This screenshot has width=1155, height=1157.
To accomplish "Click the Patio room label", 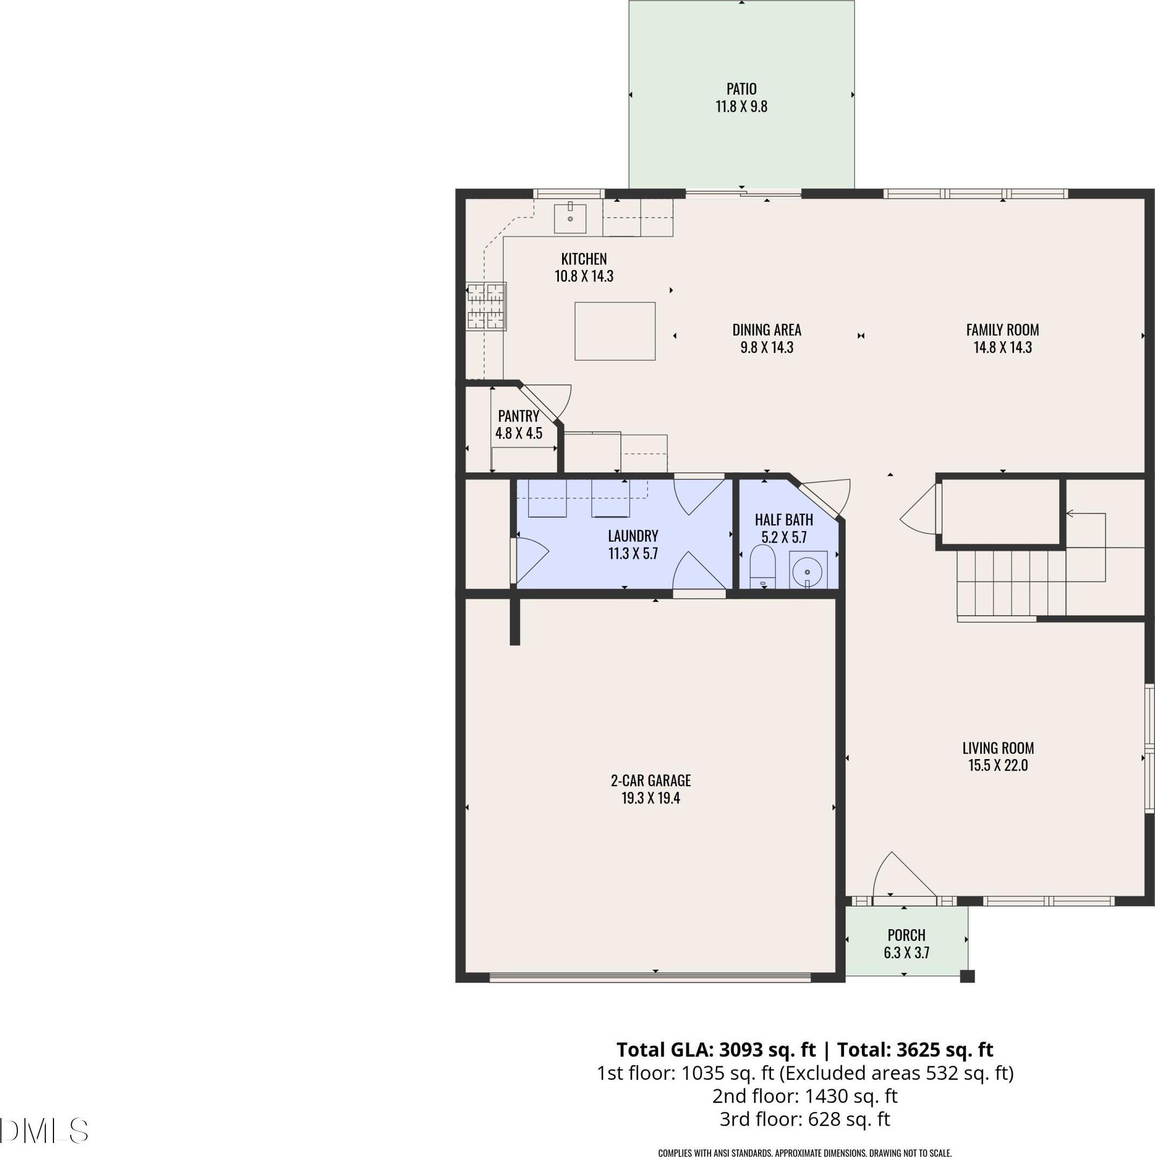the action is click(x=741, y=89).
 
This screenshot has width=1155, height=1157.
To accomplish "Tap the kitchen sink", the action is click(x=570, y=218).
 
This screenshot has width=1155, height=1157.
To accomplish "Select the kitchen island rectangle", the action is click(x=614, y=331).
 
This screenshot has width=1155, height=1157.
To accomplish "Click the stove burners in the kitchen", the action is click(x=486, y=306).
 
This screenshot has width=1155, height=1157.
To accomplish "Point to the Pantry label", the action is click(x=519, y=416).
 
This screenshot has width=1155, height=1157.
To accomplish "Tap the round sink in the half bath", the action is click(x=808, y=571).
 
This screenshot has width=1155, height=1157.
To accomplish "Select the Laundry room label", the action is click(x=633, y=536).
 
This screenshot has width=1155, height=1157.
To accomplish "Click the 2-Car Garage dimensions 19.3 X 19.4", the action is click(x=651, y=799).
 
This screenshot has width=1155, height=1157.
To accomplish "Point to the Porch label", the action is click(x=907, y=935).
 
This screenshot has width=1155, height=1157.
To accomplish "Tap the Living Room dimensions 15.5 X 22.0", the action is click(x=998, y=766).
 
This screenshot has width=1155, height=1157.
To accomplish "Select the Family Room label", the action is click(x=1002, y=330).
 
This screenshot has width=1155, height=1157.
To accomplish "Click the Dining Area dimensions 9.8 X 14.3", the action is click(x=767, y=347).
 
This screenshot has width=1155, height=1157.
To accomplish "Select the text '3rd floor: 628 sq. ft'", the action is click(x=805, y=1119).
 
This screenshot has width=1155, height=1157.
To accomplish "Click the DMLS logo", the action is click(x=44, y=1131).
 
